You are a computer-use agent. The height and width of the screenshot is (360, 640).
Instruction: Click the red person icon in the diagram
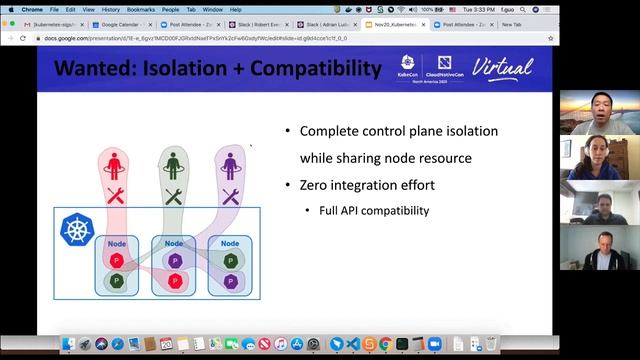click(115, 163)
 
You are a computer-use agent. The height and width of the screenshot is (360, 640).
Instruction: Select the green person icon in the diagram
click(173, 163)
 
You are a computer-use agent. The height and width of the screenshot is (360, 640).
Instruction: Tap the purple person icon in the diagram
click(231, 163)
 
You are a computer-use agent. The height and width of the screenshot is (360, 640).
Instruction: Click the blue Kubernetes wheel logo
click(76, 229)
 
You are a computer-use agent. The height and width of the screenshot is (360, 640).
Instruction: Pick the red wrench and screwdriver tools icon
click(115, 196)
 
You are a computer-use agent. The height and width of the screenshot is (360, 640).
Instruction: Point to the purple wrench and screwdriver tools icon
click(231, 196)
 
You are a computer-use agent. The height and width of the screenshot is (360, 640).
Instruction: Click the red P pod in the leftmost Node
click(116, 261)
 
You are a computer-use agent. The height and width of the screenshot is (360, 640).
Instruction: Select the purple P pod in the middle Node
click(175, 261)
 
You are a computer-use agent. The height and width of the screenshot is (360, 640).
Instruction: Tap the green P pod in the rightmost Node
click(232, 281)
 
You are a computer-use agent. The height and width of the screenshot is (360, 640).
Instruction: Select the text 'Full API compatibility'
click(373, 211)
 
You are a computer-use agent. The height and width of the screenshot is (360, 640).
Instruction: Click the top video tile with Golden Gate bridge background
click(599, 113)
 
